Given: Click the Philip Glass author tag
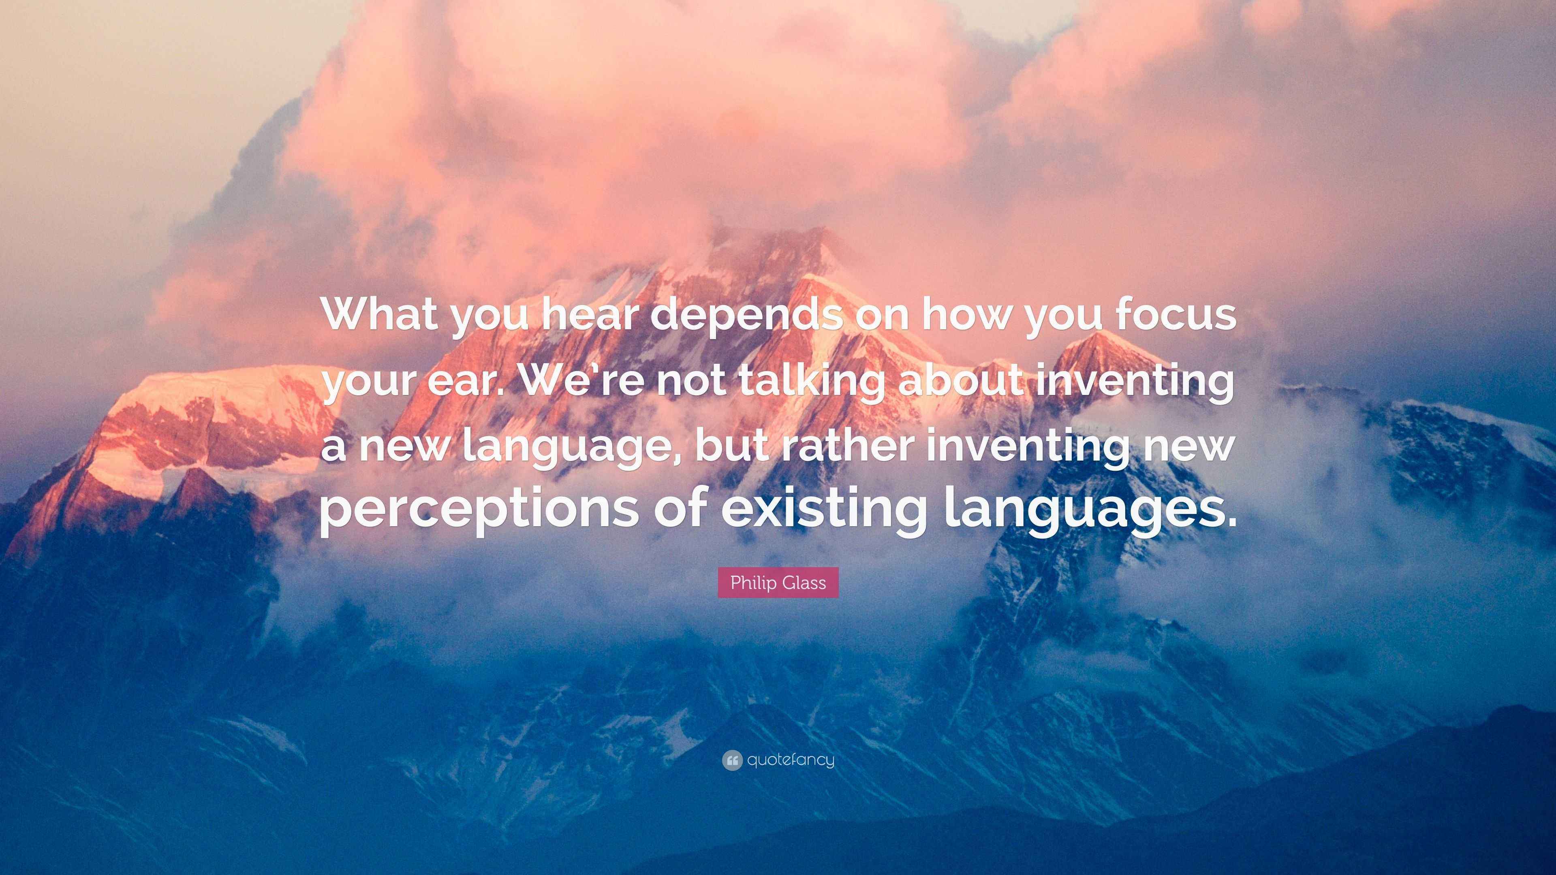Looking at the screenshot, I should (778, 583).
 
